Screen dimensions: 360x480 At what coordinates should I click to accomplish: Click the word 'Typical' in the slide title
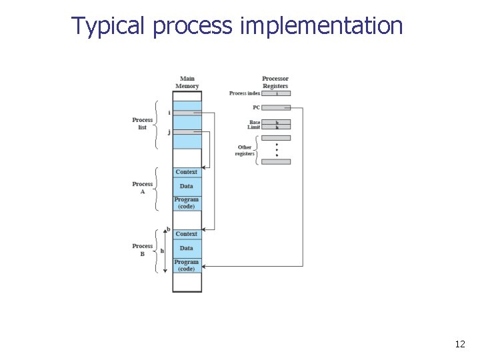[109, 26]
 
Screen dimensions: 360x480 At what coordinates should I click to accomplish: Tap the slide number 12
[459, 344]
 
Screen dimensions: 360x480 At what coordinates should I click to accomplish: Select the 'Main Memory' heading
[187, 82]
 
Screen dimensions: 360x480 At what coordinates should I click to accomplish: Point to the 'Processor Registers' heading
[275, 82]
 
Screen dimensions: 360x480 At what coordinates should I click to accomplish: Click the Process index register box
[276, 93]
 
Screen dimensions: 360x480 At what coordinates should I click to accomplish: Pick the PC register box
[276, 107]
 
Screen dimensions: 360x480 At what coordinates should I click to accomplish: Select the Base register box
[276, 123]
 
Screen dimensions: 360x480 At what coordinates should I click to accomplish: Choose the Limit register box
[276, 127]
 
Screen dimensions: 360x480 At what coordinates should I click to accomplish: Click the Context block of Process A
[187, 172]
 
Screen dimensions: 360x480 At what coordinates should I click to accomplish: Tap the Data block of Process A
[187, 186]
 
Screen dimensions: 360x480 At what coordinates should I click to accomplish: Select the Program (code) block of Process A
[187, 203]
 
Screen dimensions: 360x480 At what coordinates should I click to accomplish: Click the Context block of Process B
[187, 234]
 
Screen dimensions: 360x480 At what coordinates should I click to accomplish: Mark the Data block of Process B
[187, 248]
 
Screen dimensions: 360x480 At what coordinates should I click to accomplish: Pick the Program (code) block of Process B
[187, 265]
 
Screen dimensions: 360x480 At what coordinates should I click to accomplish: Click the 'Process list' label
[142, 123]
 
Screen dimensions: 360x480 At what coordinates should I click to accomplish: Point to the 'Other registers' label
[245, 151]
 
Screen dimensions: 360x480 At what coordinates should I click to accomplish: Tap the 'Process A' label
[142, 187]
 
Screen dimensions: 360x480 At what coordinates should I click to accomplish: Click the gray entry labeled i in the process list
[187, 113]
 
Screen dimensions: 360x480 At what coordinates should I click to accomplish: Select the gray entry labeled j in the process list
[187, 132]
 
